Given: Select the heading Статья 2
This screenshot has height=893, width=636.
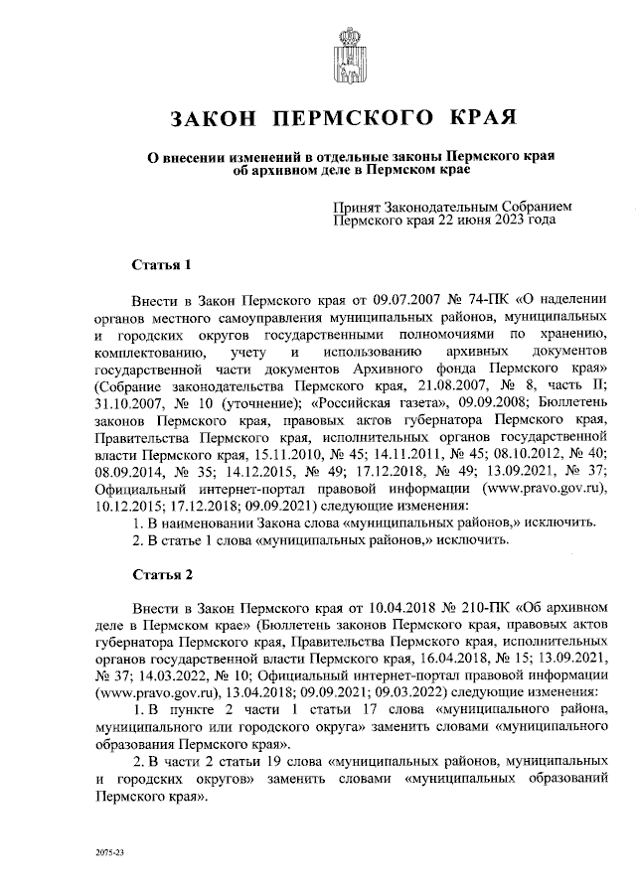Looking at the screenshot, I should click(x=162, y=574).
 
